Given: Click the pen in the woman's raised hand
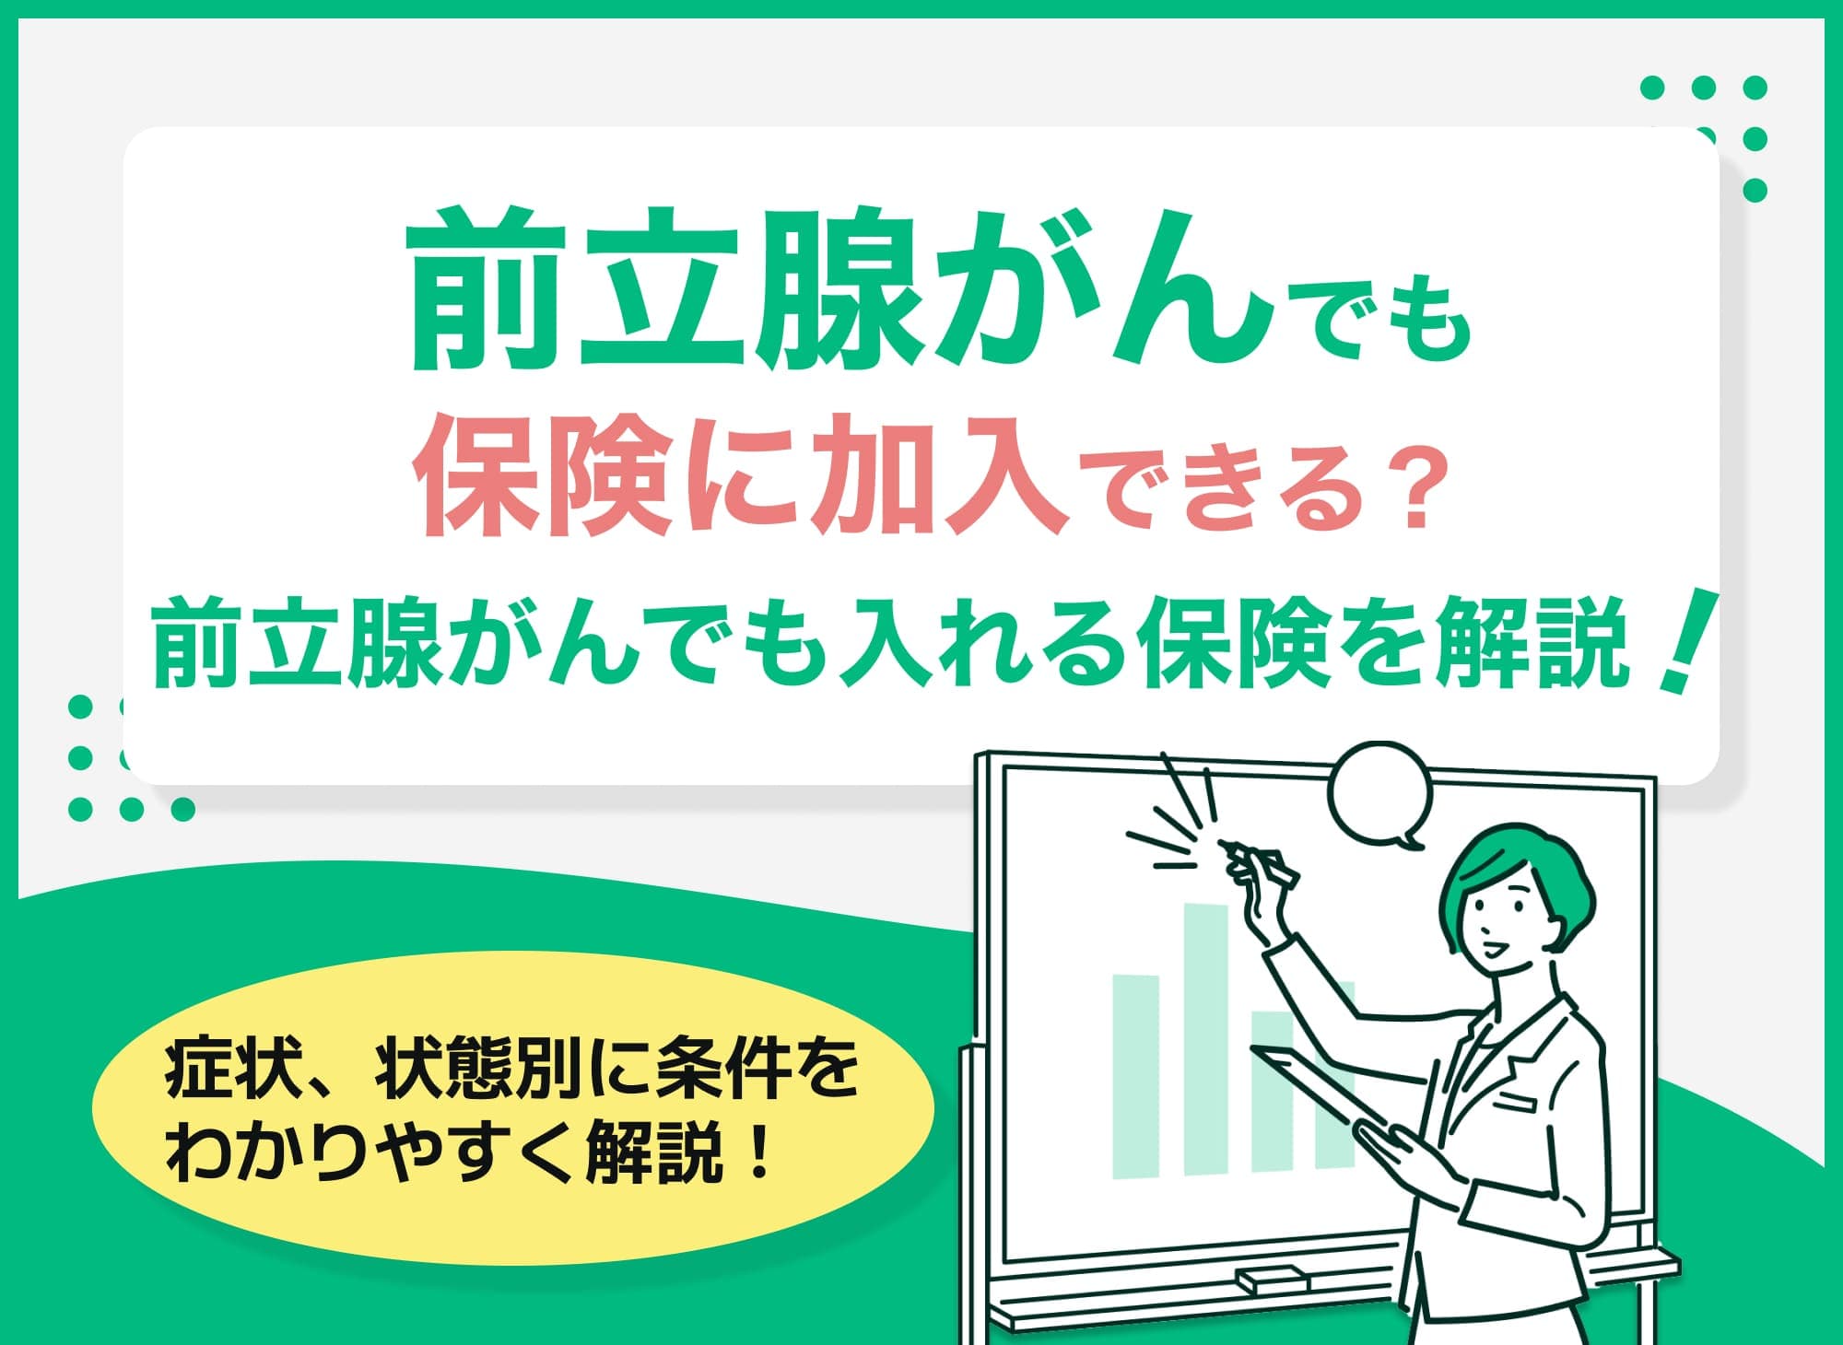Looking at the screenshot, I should tap(1262, 861).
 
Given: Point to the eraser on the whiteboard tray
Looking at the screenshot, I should tap(1273, 1279).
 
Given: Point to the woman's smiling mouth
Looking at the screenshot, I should tap(1495, 949).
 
